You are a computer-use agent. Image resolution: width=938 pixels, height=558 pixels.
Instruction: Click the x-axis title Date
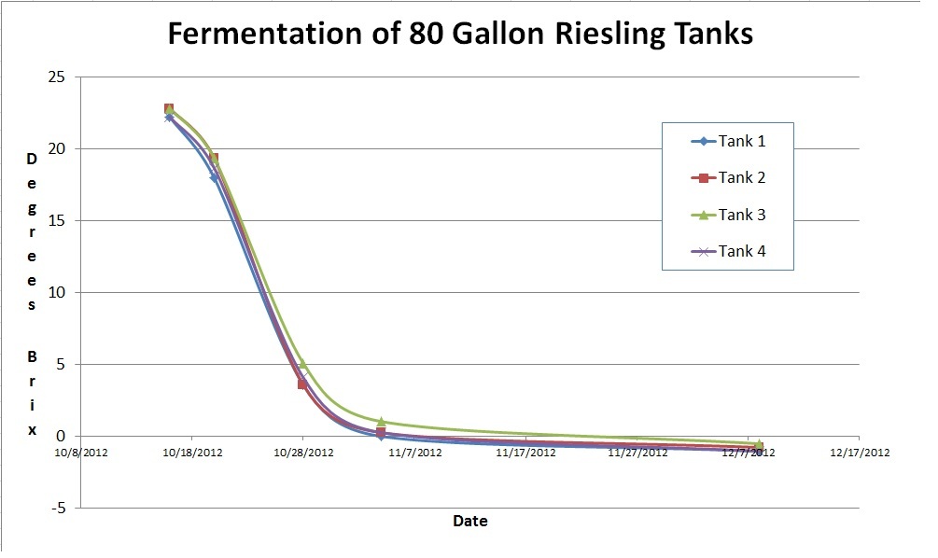pos(469,521)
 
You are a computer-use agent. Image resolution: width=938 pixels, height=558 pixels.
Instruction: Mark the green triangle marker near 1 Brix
pos(381,422)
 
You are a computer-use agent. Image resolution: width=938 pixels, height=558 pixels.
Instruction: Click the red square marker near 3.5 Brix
pos(302,384)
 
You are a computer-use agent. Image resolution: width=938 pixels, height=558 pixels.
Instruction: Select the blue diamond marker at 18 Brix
pos(215,177)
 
